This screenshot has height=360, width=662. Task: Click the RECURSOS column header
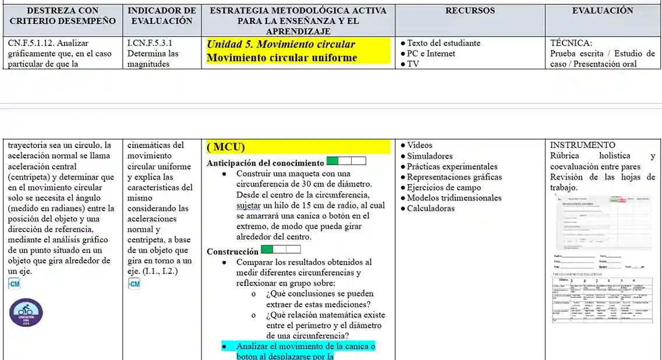[470, 10]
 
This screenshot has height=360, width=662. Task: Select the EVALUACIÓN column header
[603, 10]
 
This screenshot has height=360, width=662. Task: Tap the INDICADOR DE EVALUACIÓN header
[162, 16]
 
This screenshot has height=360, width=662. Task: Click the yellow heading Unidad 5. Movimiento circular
[281, 44]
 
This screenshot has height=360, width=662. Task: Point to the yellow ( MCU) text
[226, 147]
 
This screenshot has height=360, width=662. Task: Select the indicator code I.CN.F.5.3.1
[150, 43]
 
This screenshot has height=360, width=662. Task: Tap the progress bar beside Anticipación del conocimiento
[346, 161]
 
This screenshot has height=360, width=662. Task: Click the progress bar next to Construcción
[281, 250]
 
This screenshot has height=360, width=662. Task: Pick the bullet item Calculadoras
[430, 209]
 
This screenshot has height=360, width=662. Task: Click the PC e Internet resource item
[431, 54]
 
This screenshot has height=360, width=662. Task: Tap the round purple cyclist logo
[26, 312]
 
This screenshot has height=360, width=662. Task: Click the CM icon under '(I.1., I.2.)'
[134, 284]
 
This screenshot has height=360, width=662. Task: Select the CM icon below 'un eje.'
[15, 284]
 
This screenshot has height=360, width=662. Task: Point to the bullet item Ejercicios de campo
[444, 188]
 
